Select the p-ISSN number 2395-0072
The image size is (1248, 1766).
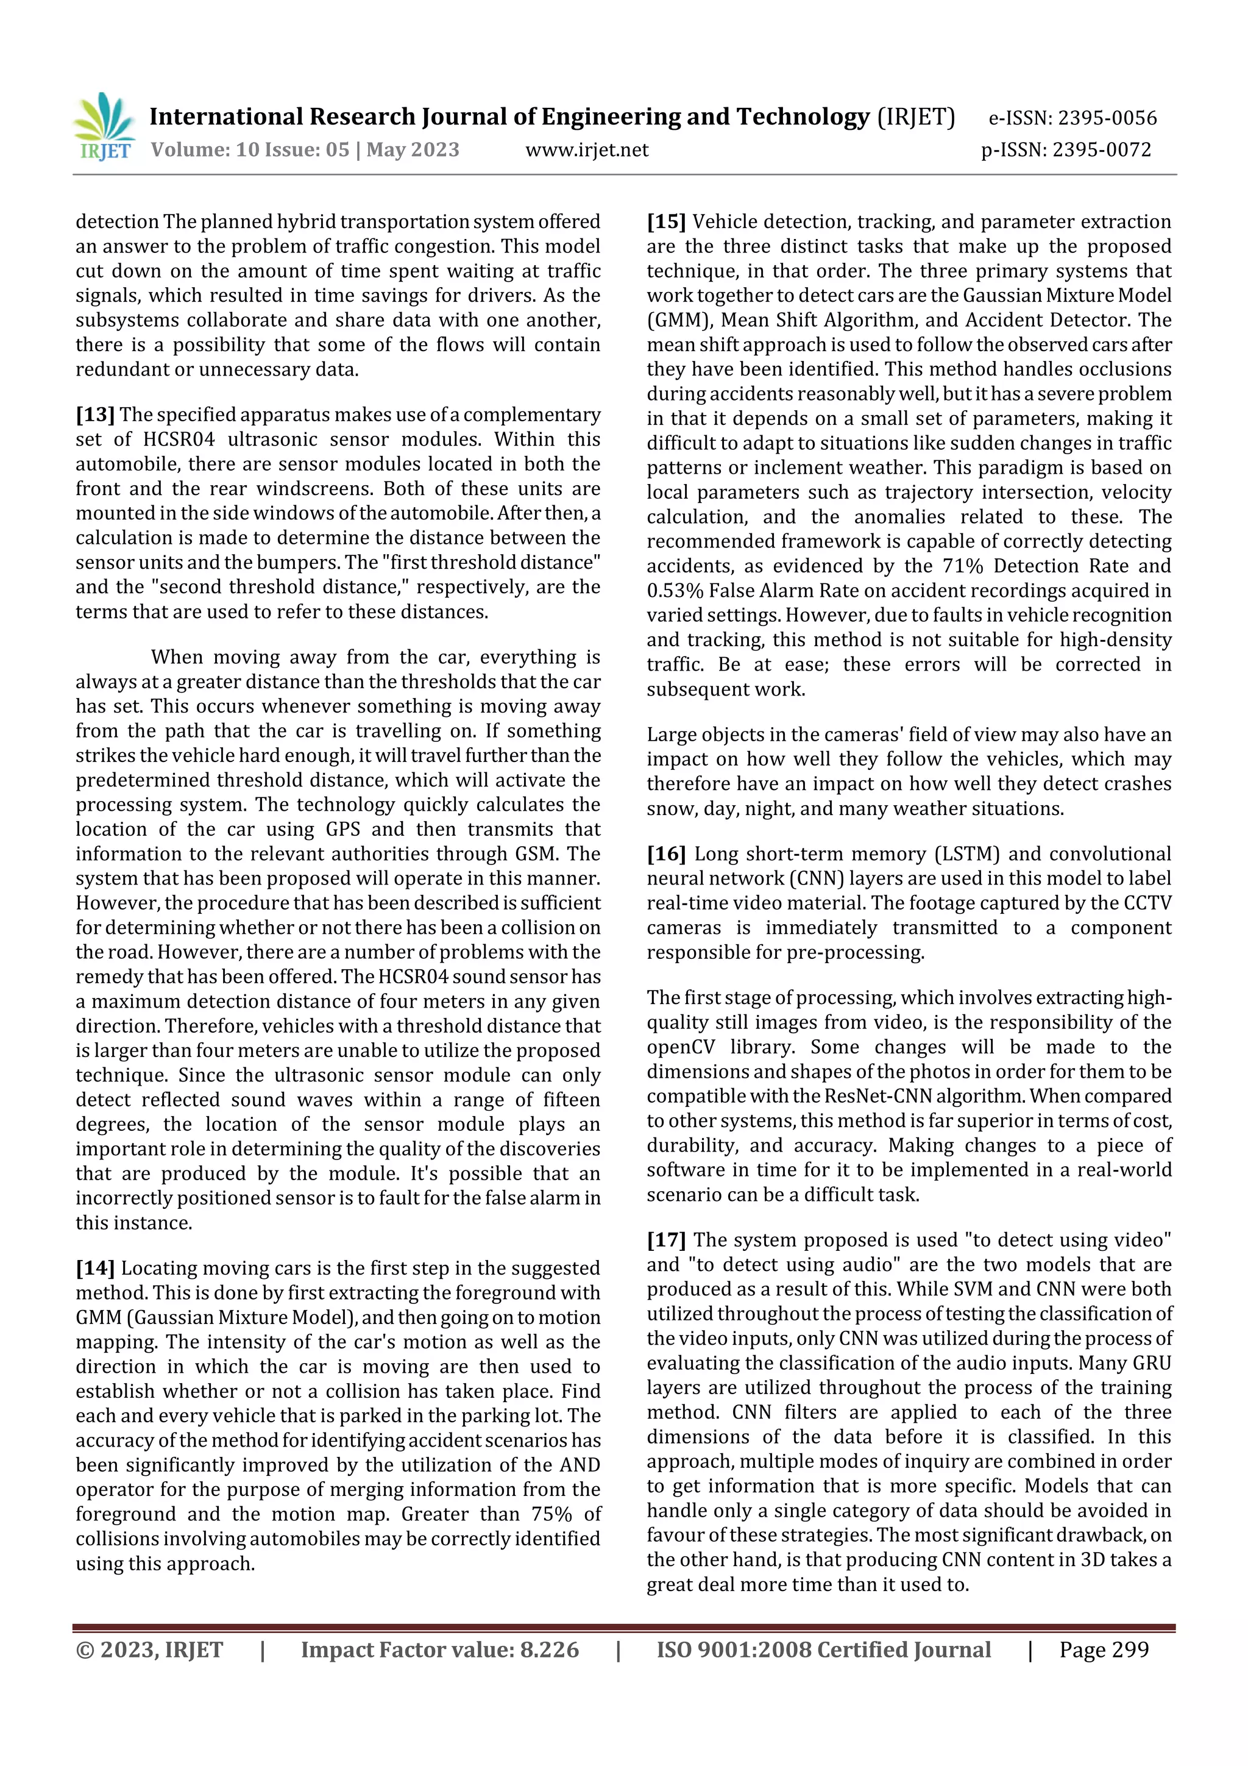click(x=1101, y=150)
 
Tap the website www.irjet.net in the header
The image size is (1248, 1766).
click(x=587, y=150)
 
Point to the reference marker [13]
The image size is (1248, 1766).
click(x=95, y=415)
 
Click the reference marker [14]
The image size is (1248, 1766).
click(x=95, y=1269)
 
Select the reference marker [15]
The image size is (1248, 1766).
click(x=666, y=223)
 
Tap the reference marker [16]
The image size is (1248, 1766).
click(x=666, y=855)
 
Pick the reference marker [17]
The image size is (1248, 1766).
click(x=666, y=1241)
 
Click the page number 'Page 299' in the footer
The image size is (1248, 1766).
click(x=1104, y=1650)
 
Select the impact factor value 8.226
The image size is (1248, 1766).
click(x=549, y=1650)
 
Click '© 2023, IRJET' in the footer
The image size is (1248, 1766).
click(x=149, y=1650)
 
